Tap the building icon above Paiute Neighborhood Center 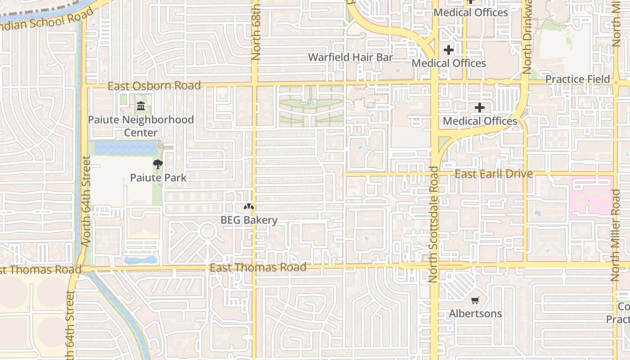point(140,107)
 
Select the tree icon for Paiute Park point(157,164)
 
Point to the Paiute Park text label point(158,178)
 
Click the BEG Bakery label point(249,220)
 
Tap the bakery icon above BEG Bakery point(249,207)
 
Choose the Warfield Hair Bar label point(350,57)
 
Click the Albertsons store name point(475,313)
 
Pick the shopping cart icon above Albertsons point(475,300)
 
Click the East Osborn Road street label point(154,85)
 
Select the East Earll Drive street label point(494,174)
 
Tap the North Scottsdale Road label point(433,224)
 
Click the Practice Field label point(577,79)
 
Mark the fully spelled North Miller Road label point(616,235)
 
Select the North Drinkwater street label point(527,38)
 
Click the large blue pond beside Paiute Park point(125,148)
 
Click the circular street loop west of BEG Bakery point(207,231)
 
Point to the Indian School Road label point(49,19)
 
